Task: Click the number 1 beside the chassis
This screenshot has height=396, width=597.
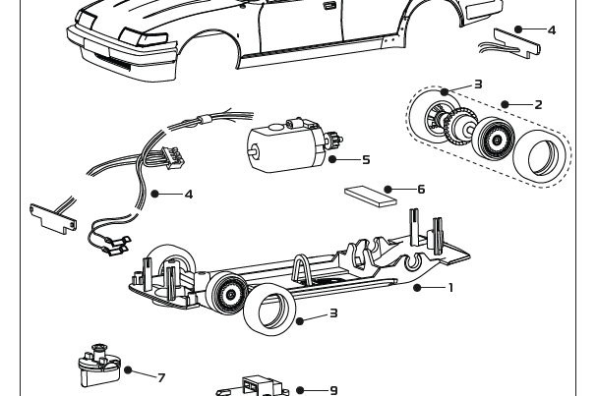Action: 450,288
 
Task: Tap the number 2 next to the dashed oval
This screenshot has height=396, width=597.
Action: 538,104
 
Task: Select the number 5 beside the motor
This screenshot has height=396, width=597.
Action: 366,159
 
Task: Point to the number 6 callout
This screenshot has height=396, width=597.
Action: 421,189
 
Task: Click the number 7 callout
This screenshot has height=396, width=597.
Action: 161,377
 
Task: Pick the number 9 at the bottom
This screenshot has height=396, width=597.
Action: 333,390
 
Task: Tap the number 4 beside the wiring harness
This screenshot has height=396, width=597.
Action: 189,194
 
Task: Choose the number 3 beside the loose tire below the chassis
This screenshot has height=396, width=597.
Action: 333,313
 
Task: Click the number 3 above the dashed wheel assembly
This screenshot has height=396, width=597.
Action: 478,85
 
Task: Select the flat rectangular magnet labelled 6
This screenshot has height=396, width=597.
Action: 371,195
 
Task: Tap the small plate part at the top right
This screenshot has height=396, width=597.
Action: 517,40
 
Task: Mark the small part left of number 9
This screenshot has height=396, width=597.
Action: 259,386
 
